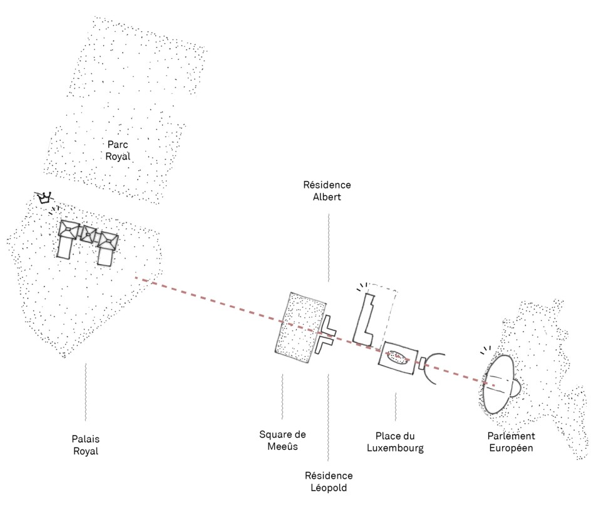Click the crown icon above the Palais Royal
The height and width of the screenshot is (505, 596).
click(44, 198)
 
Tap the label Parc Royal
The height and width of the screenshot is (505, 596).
click(118, 150)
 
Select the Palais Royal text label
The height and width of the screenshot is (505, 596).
click(85, 445)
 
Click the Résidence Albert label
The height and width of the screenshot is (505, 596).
click(327, 191)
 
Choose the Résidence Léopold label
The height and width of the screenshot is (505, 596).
click(328, 481)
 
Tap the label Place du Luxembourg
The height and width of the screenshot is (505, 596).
click(395, 442)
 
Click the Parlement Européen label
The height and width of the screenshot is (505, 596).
click(512, 442)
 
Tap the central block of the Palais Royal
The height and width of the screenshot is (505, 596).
click(88, 235)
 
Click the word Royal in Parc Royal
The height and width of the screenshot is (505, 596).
click(118, 156)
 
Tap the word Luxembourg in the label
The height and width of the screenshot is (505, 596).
click(395, 448)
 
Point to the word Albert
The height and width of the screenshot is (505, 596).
click(327, 197)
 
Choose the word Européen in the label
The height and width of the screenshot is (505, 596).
click(512, 448)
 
